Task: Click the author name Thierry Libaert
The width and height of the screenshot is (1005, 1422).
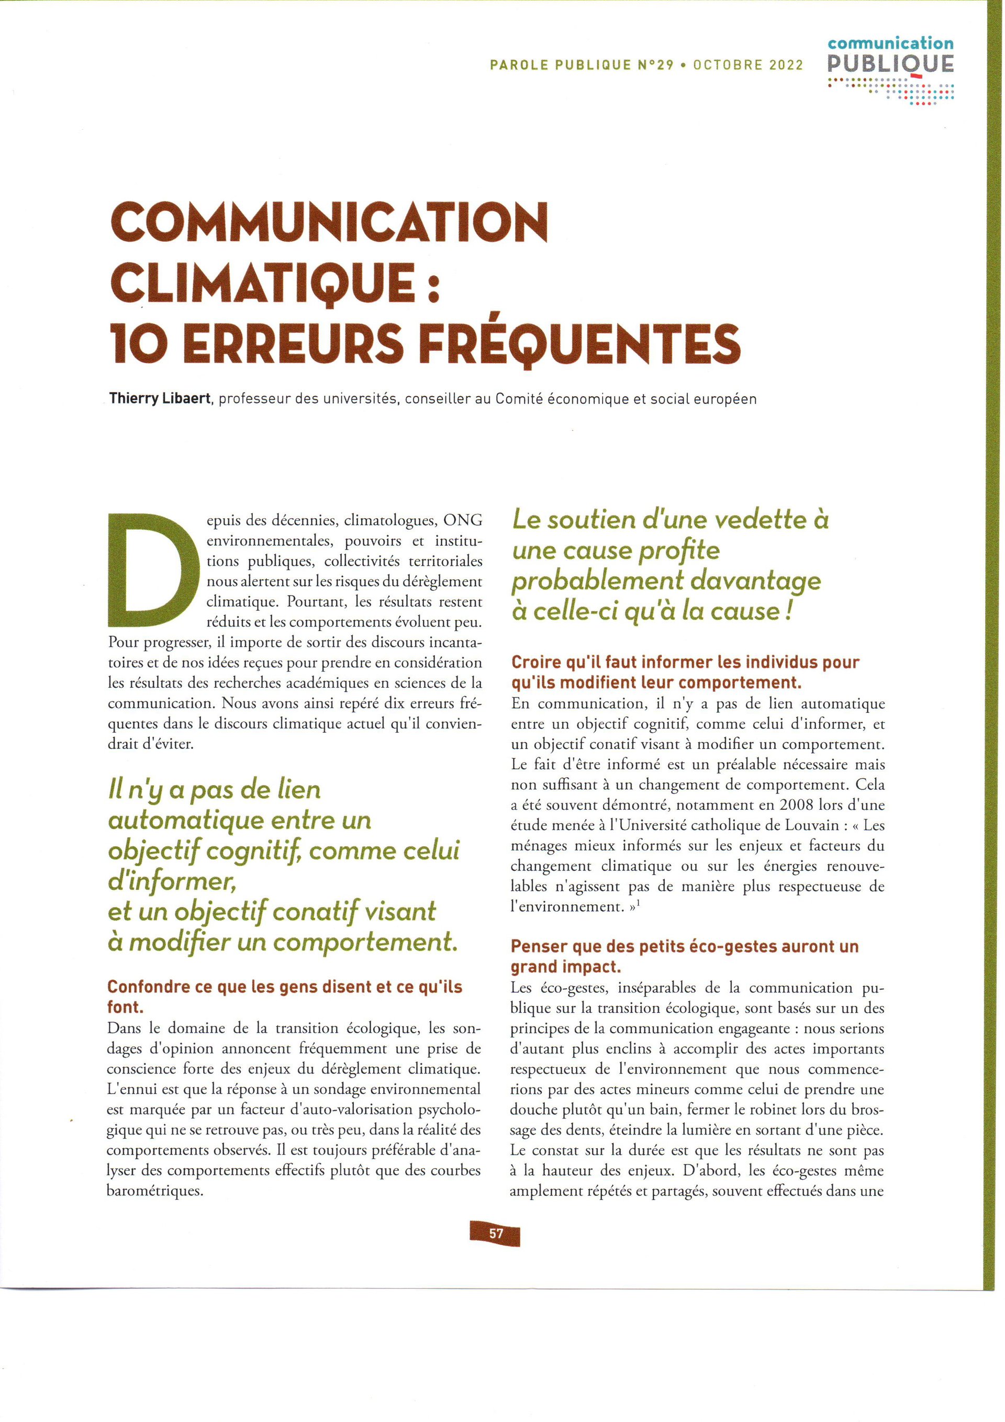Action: coord(161,399)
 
